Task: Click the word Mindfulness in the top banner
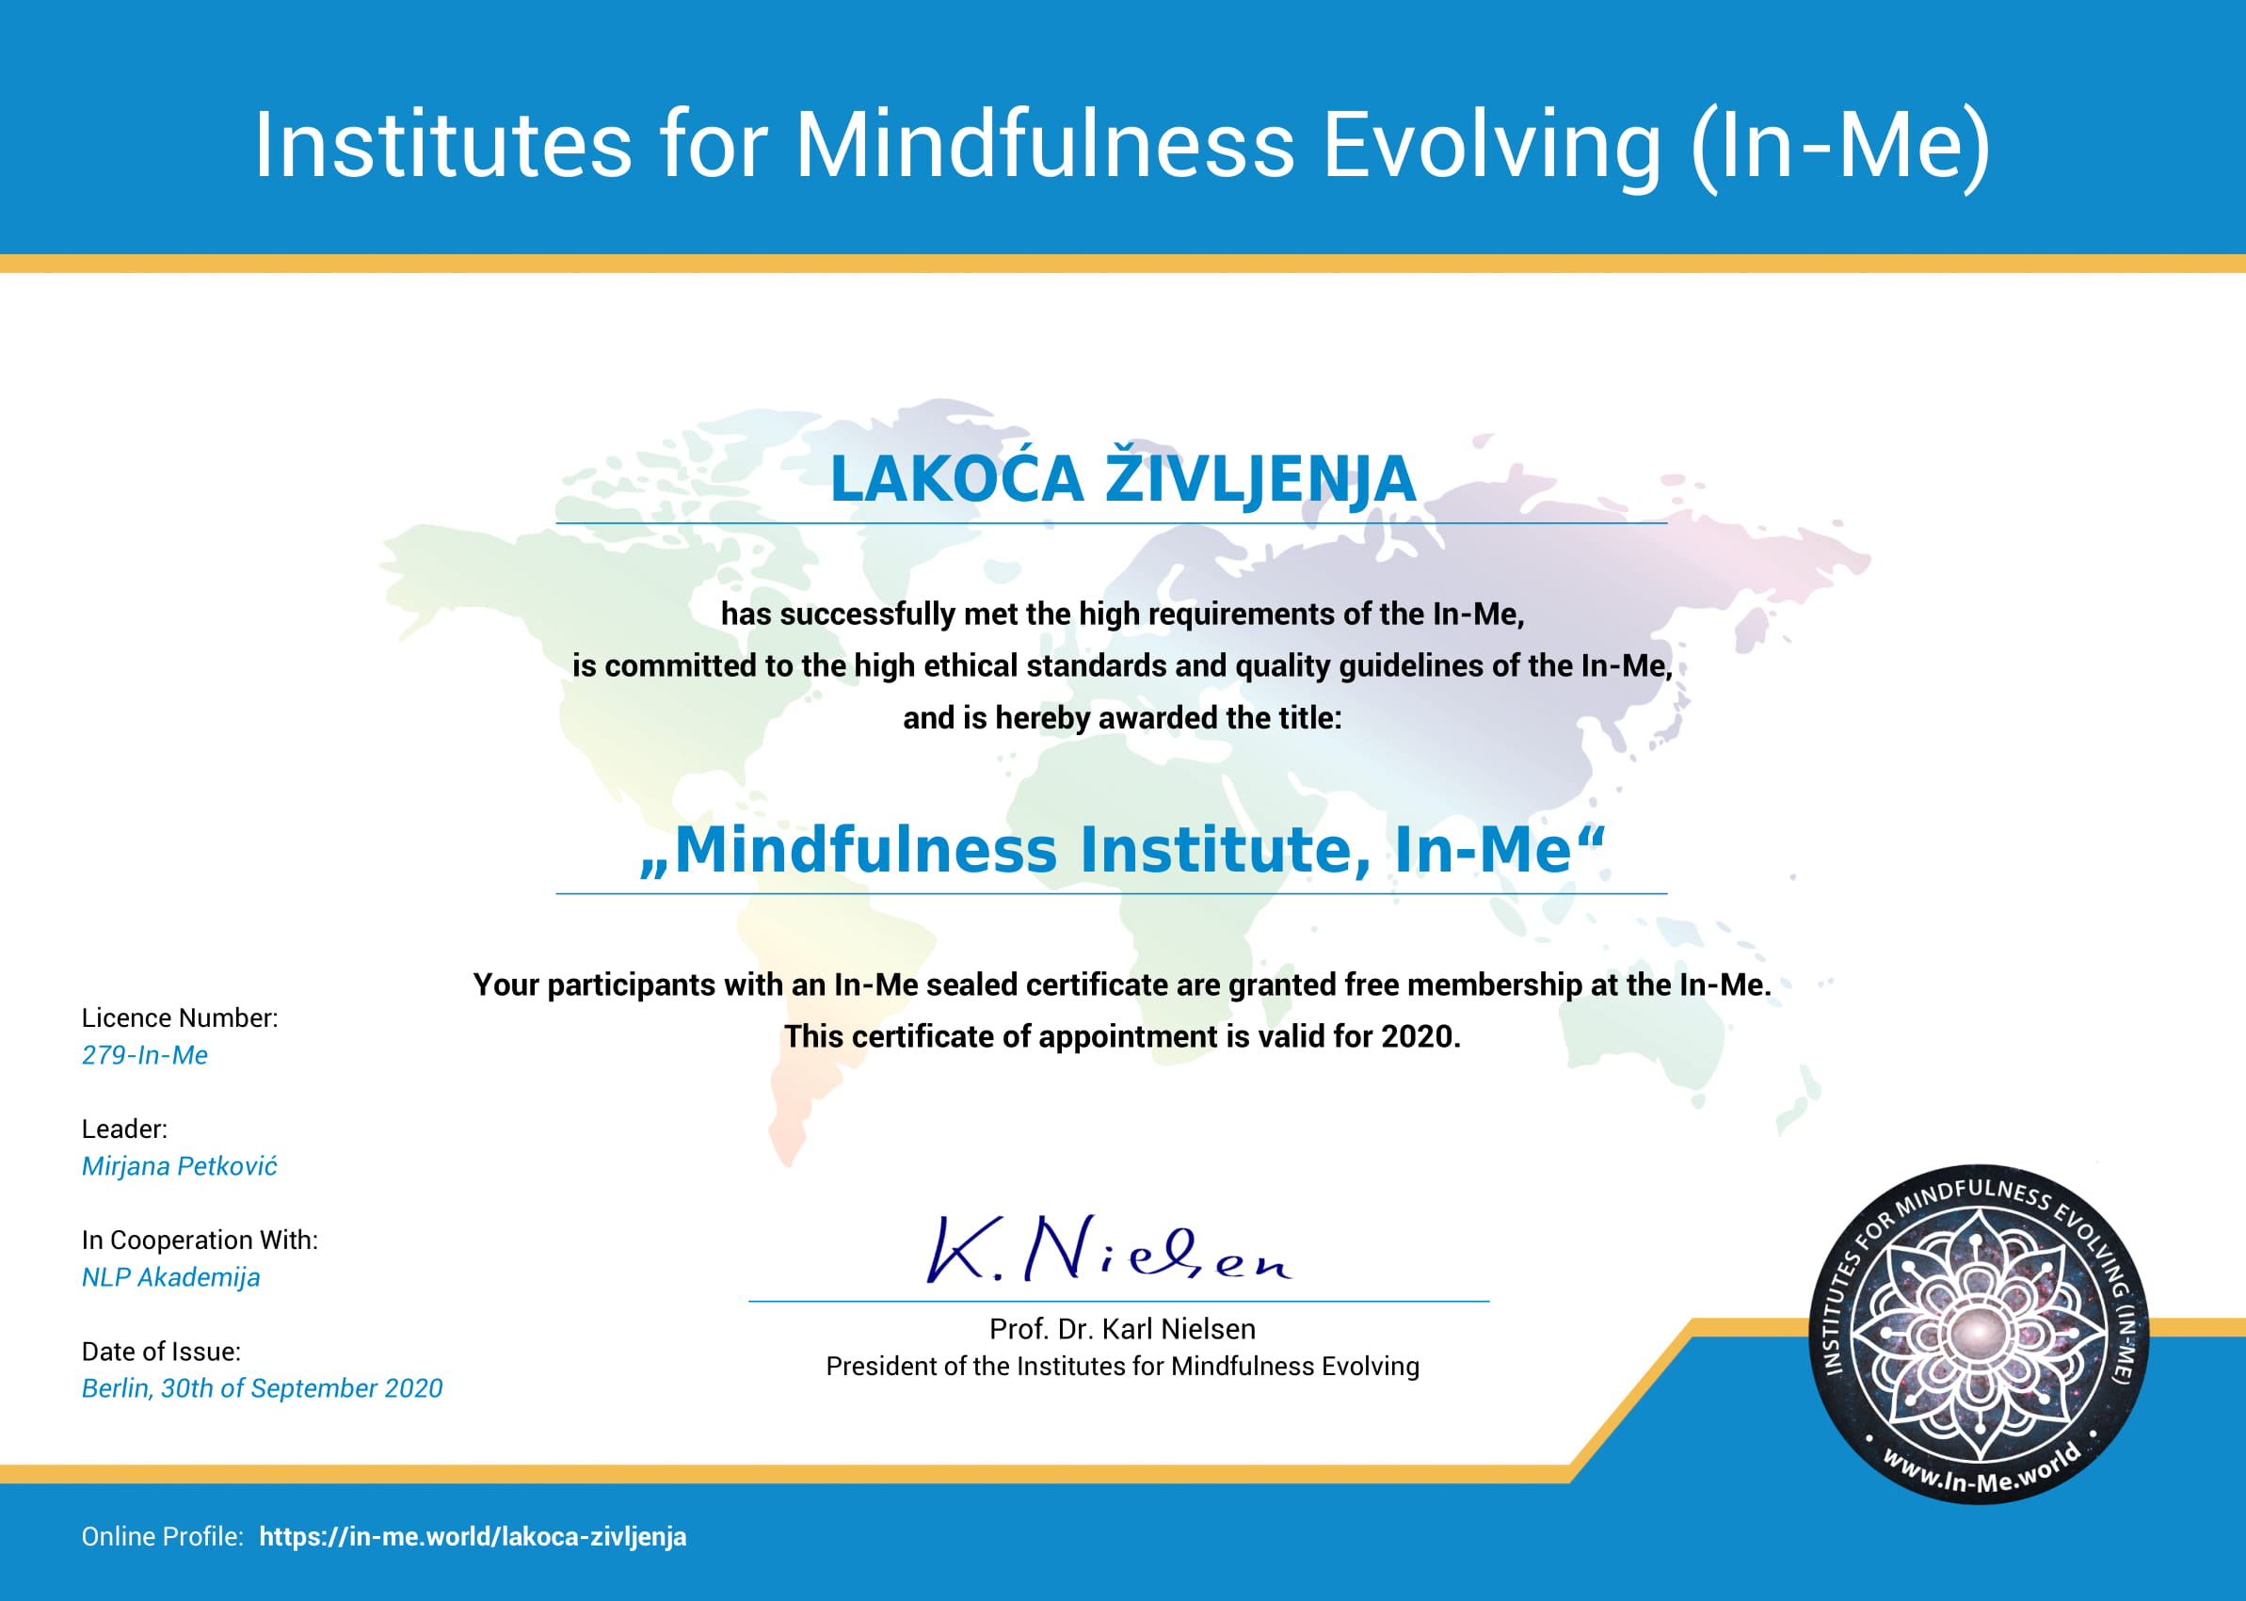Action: (1044, 145)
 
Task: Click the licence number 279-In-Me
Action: (145, 1055)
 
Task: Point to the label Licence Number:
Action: (180, 1017)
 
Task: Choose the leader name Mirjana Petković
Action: (180, 1166)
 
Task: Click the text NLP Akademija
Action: (170, 1277)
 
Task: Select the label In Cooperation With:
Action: (201, 1241)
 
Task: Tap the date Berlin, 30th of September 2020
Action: (263, 1388)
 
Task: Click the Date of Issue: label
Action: (161, 1352)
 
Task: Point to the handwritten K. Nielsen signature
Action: (1108, 1249)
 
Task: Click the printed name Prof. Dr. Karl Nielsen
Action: (1122, 1329)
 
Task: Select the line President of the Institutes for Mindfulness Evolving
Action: (1122, 1367)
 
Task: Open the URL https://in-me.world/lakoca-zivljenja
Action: (473, 1537)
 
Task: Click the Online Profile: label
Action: (163, 1537)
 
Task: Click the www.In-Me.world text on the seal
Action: (1981, 1469)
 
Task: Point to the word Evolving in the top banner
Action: (1492, 145)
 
